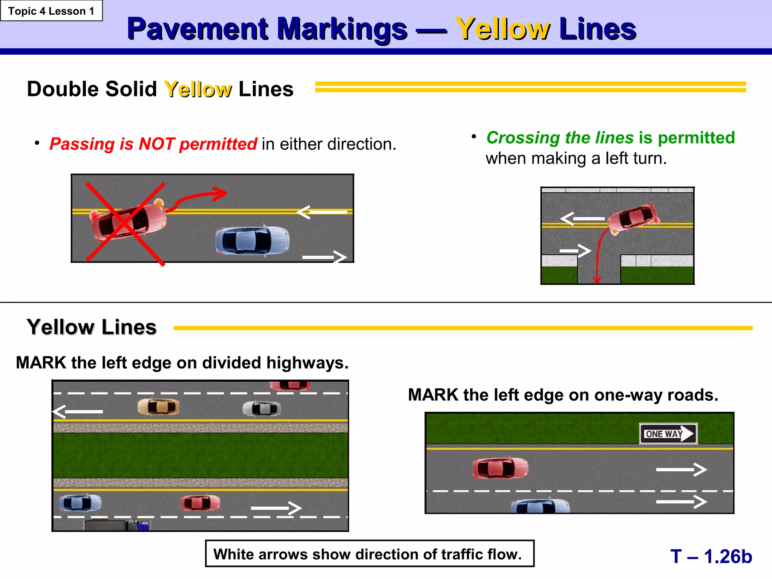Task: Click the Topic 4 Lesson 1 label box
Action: tap(51, 11)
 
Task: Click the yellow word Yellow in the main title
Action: tap(502, 29)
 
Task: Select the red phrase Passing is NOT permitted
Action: tap(153, 144)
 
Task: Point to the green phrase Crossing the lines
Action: tap(560, 138)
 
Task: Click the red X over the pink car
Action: tap(125, 224)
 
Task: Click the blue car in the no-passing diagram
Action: tap(252, 240)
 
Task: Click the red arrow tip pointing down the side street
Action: tap(597, 279)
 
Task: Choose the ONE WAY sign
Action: tap(668, 433)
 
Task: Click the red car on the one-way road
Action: tap(500, 468)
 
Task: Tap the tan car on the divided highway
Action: tap(158, 407)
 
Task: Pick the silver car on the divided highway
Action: tap(261, 408)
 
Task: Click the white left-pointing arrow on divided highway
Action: tap(77, 411)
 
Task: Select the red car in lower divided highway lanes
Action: tap(200, 502)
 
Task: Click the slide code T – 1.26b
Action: tap(711, 556)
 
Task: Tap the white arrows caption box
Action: tap(369, 553)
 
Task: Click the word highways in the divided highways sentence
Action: tap(307, 363)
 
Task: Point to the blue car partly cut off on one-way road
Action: tap(540, 506)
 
